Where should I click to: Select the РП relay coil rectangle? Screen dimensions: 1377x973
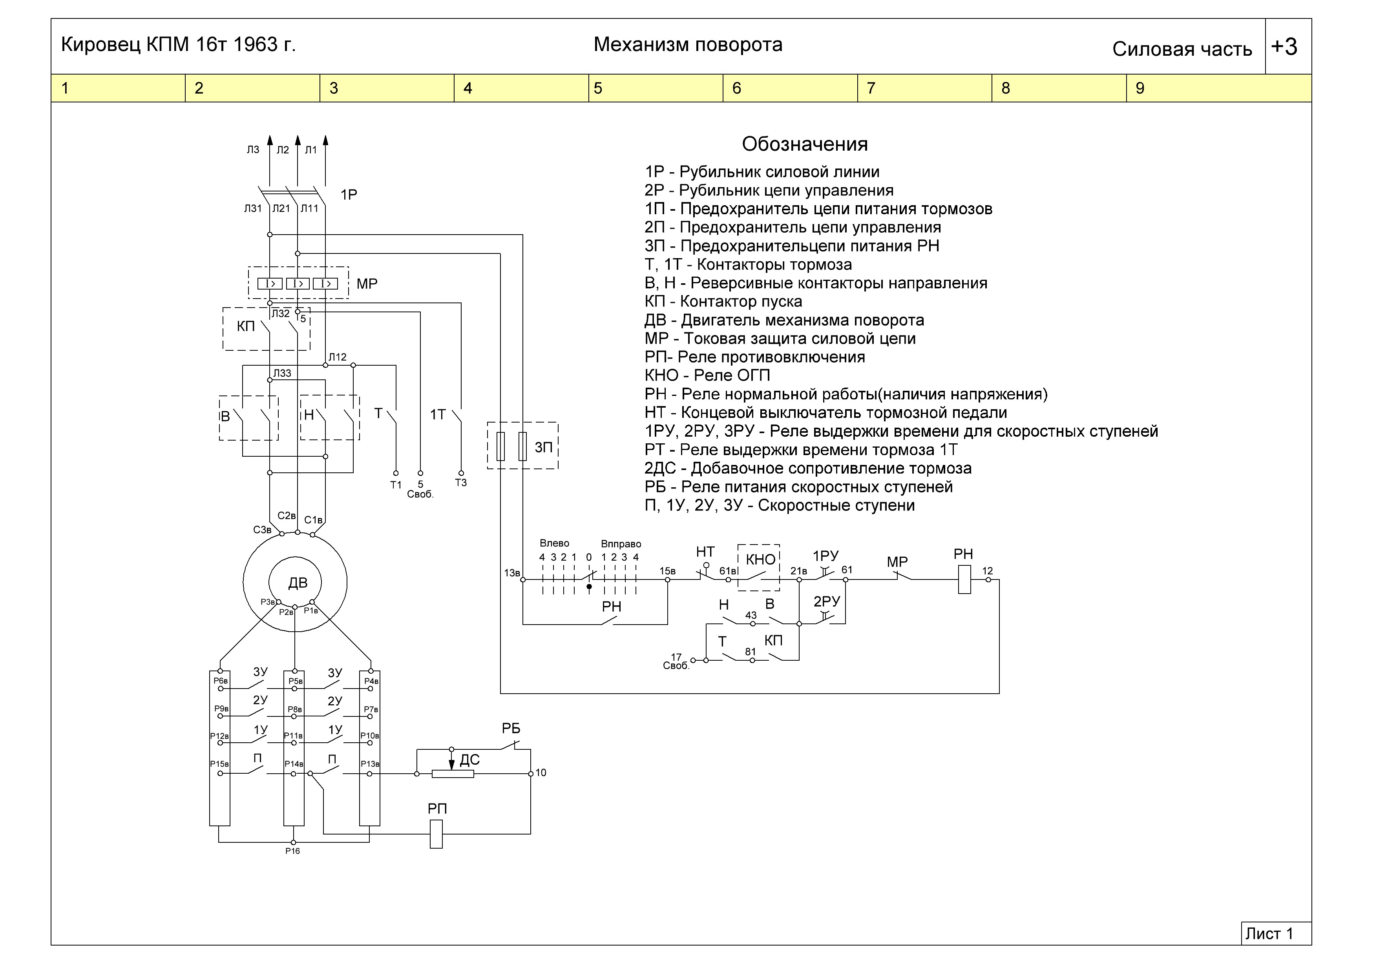(436, 834)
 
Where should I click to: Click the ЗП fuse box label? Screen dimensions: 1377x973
(543, 447)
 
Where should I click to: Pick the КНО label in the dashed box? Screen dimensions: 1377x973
(760, 559)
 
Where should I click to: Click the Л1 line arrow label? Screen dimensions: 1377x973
(310, 150)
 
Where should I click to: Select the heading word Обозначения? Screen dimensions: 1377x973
(805, 144)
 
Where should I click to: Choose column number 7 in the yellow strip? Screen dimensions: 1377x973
(871, 88)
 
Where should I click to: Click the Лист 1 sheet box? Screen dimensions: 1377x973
(1276, 933)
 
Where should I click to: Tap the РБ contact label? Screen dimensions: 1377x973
(511, 729)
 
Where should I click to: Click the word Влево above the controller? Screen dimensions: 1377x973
(554, 543)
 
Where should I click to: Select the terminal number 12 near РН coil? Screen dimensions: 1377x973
(987, 571)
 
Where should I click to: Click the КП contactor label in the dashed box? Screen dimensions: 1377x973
(246, 327)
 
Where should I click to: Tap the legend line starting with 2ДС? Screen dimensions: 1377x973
(808, 468)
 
